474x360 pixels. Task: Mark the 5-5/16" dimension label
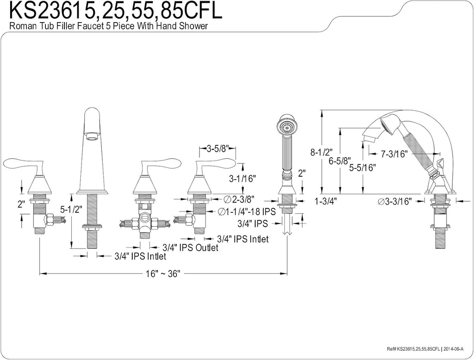point(362,168)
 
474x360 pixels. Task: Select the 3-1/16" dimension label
point(242,178)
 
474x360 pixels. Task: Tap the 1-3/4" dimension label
point(325,201)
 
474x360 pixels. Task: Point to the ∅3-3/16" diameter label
point(394,201)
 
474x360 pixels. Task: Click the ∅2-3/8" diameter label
point(240,199)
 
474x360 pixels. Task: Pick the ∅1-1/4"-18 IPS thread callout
point(247,211)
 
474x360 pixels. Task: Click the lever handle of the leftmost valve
point(23,165)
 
